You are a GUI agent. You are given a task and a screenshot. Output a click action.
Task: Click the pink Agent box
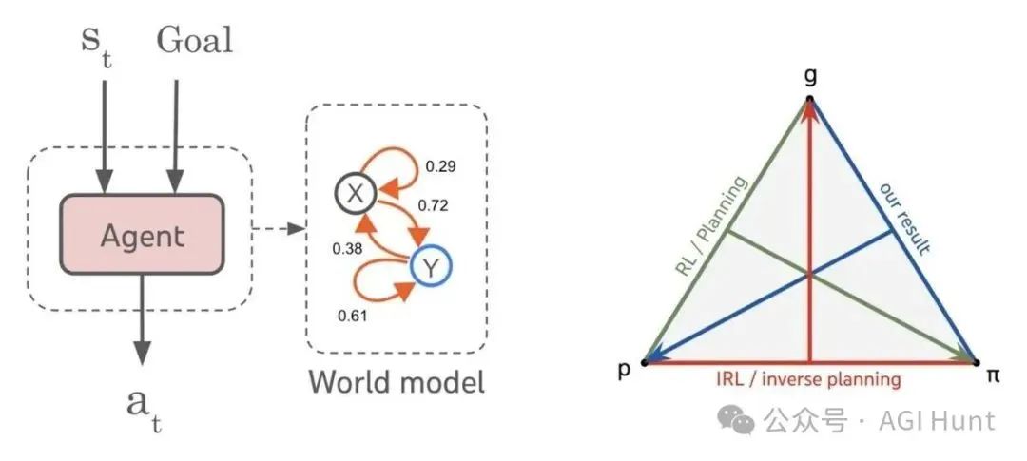point(143,233)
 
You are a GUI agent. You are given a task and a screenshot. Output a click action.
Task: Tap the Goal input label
point(194,41)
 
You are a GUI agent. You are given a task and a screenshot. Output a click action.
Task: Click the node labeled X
point(353,195)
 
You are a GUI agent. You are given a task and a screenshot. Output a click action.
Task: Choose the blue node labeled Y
point(432,270)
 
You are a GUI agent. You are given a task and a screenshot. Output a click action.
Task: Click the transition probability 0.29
point(440,166)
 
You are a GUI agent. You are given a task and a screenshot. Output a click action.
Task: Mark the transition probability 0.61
point(353,316)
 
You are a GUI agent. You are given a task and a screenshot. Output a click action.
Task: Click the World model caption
point(396,382)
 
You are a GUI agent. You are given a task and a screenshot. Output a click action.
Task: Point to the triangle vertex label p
point(625,371)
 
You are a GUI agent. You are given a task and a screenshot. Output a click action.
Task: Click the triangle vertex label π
point(993,375)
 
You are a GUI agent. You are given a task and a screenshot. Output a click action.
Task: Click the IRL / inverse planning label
point(808,379)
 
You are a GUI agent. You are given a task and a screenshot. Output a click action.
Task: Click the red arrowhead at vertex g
point(809,112)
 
